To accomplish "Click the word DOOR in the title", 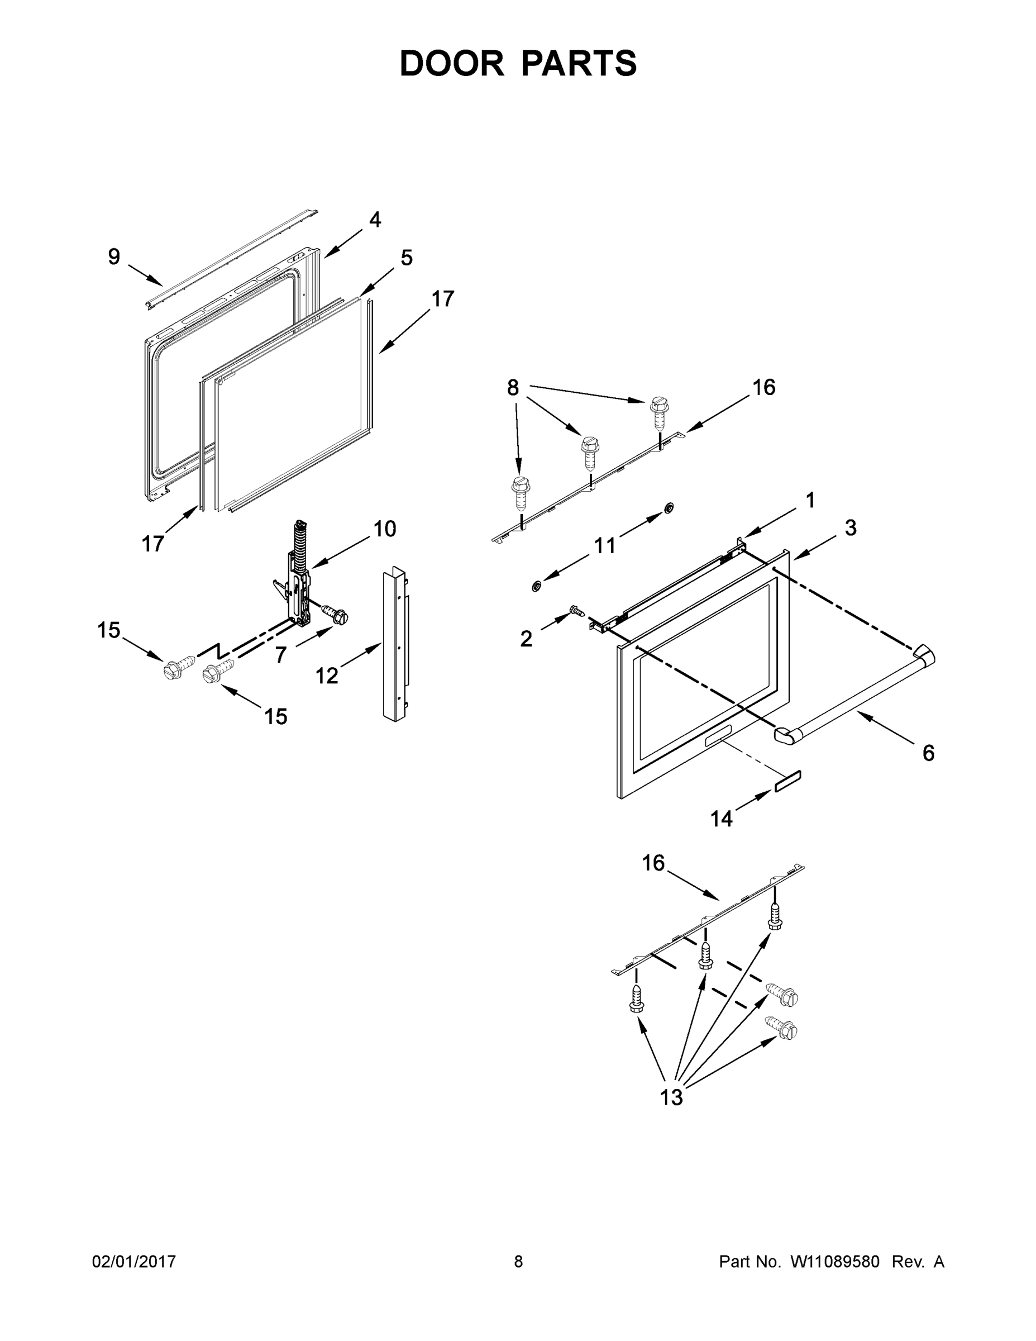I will (451, 63).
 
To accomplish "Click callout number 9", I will (114, 256).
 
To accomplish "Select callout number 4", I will (374, 219).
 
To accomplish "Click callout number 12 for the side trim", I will (327, 676).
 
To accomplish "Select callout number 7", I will (280, 655).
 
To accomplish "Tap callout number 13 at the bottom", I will (671, 1097).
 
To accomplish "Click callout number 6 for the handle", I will (928, 753).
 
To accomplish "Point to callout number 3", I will (850, 527).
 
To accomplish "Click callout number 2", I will (526, 639).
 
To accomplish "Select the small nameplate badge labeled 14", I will (787, 783).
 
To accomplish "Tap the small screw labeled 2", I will (576, 610).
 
